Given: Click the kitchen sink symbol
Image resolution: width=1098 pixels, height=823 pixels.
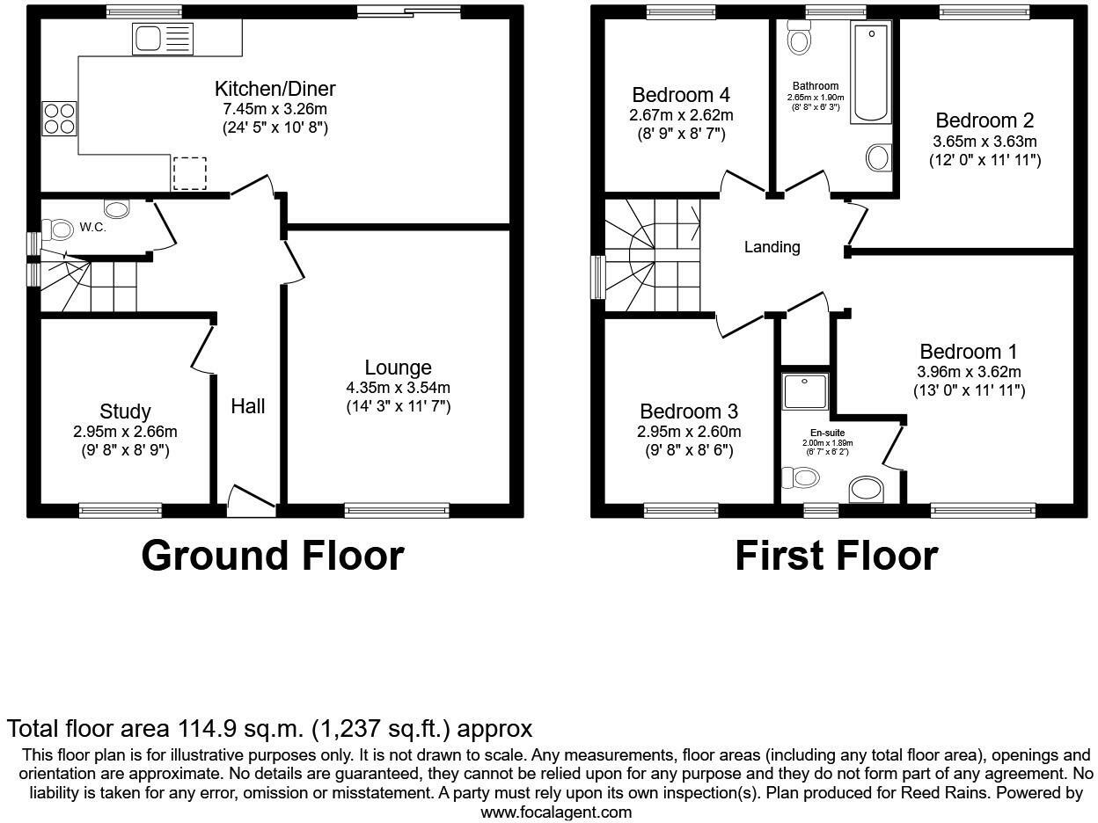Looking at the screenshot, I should point(162,39).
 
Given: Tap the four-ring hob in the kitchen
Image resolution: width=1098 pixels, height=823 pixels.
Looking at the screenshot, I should point(59,119).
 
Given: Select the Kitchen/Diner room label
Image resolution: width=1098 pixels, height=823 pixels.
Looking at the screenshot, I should point(274,89).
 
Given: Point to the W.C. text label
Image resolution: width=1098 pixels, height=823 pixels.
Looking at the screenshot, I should point(93,227).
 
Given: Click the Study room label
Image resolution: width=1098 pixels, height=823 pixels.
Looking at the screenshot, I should point(125,411).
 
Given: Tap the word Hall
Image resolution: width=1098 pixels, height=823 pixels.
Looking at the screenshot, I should point(248,406).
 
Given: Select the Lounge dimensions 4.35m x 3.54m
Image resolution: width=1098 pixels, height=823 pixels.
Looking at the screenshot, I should point(398,387).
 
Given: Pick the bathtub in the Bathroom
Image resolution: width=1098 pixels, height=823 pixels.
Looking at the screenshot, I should point(871,72).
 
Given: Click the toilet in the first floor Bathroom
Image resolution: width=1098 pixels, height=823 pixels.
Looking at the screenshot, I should point(800,38).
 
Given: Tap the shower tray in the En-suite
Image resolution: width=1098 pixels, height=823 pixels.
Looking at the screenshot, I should point(805,390).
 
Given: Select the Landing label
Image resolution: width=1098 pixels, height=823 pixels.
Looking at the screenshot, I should point(772,247).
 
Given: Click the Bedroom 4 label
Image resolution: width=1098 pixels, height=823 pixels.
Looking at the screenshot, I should point(681,95).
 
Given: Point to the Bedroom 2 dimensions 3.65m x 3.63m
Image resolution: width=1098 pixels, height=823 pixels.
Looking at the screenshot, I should point(985,141).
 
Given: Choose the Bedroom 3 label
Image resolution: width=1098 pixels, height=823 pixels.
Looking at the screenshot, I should point(688,411).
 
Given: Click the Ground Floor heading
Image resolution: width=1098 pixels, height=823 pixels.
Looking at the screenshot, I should point(272,556).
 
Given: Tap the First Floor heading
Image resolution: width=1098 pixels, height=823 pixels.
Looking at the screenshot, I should point(836,556).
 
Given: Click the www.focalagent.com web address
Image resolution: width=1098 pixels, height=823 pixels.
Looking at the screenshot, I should point(555,812).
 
